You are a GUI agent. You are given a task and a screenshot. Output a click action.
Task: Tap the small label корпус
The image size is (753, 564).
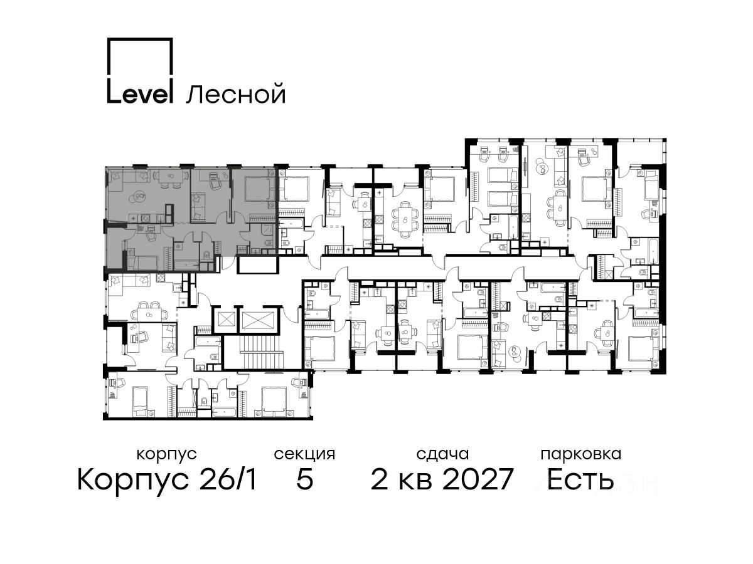tap(166, 455)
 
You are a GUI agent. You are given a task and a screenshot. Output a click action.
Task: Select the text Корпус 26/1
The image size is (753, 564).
tap(167, 480)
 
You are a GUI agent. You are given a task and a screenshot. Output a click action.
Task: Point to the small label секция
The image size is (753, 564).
tap(304, 455)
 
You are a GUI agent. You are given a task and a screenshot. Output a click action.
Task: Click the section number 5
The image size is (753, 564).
tap(304, 480)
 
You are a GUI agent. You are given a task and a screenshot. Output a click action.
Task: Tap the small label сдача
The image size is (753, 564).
tap(442, 454)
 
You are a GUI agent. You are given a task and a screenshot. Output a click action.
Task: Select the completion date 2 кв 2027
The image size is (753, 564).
tap(442, 480)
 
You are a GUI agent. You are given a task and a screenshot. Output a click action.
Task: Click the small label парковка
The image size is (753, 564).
tap(581, 455)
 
